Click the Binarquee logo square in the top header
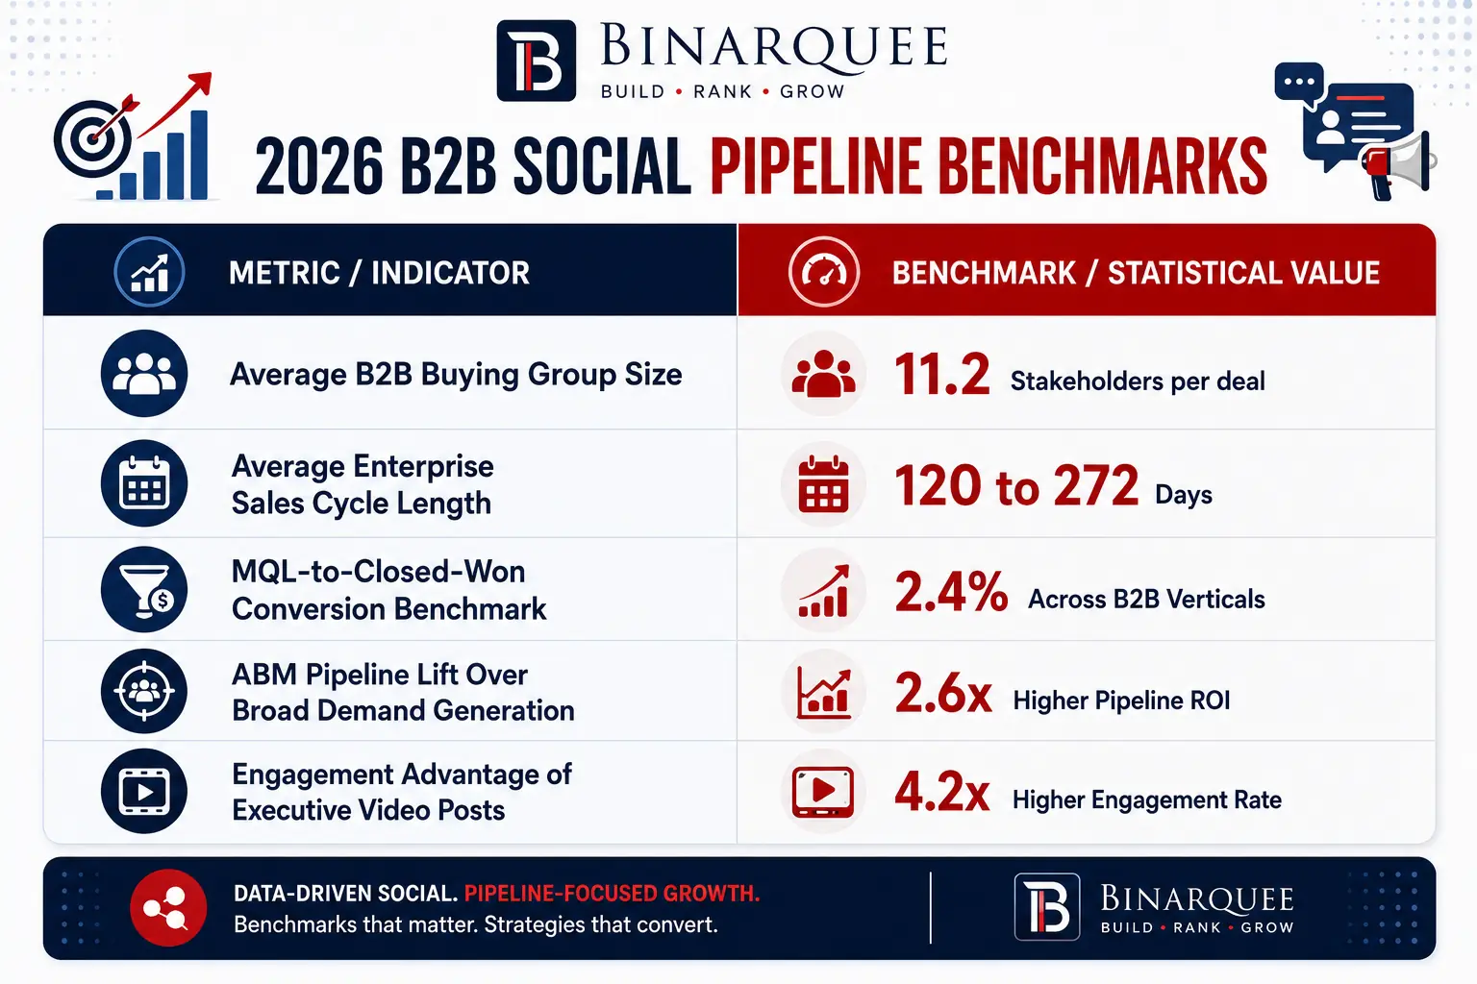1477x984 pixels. click(x=536, y=61)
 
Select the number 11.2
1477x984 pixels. click(x=941, y=375)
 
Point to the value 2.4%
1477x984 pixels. click(x=951, y=591)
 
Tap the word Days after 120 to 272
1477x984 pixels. click(x=1184, y=495)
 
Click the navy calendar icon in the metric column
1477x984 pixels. click(x=143, y=483)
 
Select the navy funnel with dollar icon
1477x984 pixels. click(x=143, y=589)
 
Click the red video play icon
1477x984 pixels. click(x=823, y=792)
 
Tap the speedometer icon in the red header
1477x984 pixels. click(x=823, y=272)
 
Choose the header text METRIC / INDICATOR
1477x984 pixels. click(x=379, y=273)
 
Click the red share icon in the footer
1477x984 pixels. click(x=168, y=907)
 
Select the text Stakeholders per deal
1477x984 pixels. click(x=1138, y=381)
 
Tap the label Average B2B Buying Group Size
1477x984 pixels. click(x=456, y=375)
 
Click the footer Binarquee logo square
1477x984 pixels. click(x=1047, y=906)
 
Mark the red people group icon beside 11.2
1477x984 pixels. click(x=823, y=374)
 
